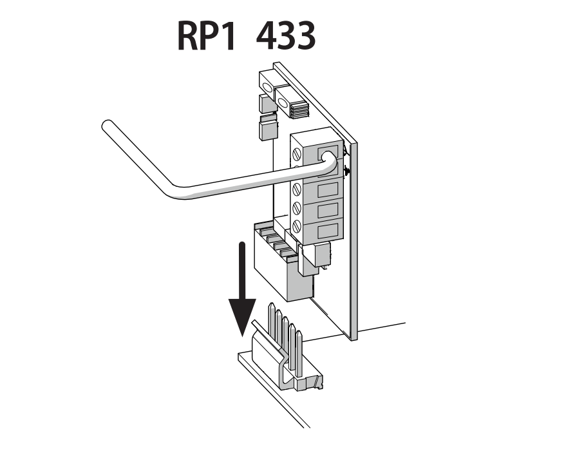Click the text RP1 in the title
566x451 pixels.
coord(207,35)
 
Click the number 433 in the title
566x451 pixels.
coord(286,35)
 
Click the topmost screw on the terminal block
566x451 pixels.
coord(297,155)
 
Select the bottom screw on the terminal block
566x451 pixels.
coord(297,226)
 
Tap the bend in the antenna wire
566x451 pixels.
coord(177,191)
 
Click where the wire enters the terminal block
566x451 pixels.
coord(328,157)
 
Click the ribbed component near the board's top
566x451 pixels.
coord(299,110)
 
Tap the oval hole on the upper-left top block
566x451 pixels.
coord(267,88)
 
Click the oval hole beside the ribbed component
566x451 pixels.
coord(283,103)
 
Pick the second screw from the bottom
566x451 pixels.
coord(297,207)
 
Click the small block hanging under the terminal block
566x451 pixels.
coord(321,254)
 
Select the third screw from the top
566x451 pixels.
coord(297,188)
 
